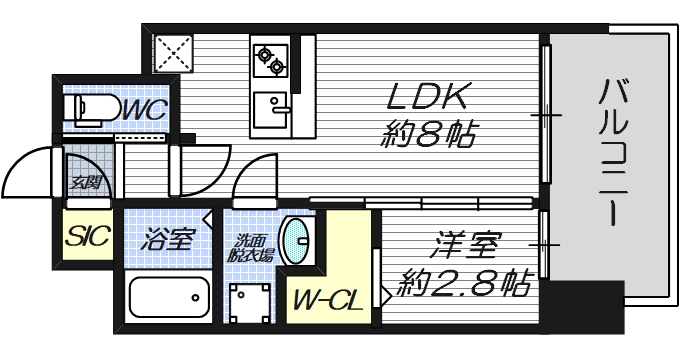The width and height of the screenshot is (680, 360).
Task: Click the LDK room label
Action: coord(427,98)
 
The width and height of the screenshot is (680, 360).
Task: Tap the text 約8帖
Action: coord(428,133)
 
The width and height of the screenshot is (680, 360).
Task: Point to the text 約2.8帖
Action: coord(462,283)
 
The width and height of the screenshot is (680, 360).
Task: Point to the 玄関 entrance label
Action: coord(84,182)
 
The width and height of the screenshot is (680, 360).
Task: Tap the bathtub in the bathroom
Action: coord(169,297)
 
